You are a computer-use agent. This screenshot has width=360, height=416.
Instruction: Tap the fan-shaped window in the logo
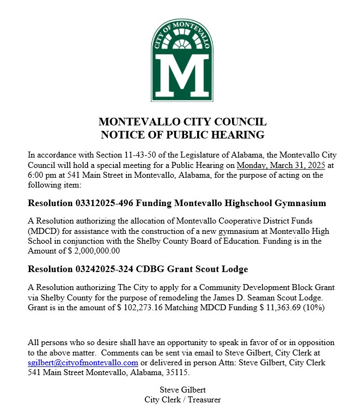tap(180, 42)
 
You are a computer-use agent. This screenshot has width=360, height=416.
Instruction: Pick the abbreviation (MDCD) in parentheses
tap(44, 231)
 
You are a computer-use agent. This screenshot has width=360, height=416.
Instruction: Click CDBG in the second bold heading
tap(150, 269)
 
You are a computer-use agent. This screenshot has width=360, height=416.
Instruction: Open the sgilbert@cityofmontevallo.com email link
tap(83, 363)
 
